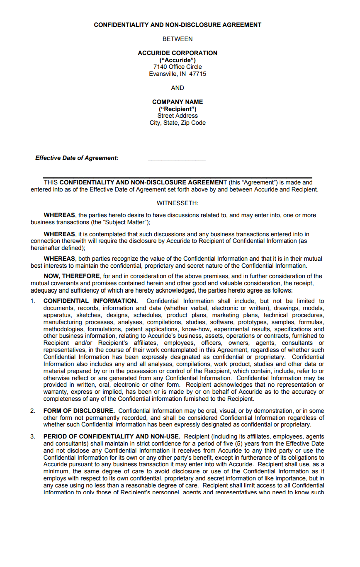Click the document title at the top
(x=178, y=25)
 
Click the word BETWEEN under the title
(x=178, y=39)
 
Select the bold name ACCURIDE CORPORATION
(x=178, y=53)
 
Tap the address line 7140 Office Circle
(x=178, y=67)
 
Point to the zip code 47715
(x=197, y=74)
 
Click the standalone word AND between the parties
(x=178, y=88)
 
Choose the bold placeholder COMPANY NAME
(x=178, y=102)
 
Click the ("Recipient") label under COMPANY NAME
(x=178, y=109)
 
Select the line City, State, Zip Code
(x=178, y=123)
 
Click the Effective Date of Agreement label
(x=77, y=158)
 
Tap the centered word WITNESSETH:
(x=178, y=203)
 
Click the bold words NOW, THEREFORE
(x=72, y=276)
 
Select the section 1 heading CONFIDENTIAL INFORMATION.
(x=90, y=301)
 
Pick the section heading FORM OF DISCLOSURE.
(x=79, y=411)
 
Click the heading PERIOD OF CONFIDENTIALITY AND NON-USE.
(x=112, y=436)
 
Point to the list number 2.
(x=33, y=411)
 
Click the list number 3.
(x=33, y=436)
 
